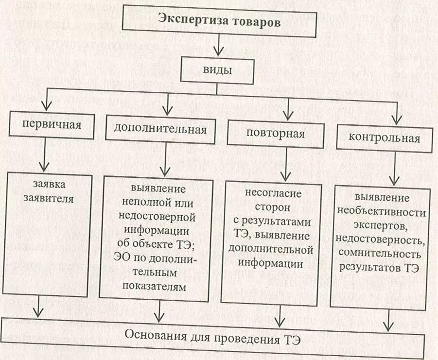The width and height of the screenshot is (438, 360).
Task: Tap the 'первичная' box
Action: (x=51, y=124)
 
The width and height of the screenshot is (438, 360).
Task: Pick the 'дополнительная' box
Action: (x=160, y=129)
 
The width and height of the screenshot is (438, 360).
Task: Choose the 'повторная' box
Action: (x=275, y=134)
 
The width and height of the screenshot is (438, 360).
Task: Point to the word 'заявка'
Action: (x=49, y=185)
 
